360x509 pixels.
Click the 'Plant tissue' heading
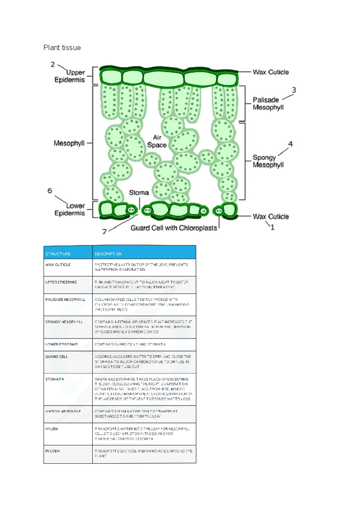tap(62, 48)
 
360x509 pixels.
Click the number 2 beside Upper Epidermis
tap(53, 65)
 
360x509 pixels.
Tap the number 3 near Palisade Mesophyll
tap(294, 90)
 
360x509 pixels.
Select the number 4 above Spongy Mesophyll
tap(290, 144)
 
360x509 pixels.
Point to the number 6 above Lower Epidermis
tap(50, 191)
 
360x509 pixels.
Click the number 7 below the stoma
tap(104, 231)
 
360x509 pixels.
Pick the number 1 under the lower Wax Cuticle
tap(272, 227)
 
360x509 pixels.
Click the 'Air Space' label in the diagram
tap(157, 141)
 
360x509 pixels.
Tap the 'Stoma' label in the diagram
tap(139, 193)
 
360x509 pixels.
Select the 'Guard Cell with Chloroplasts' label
tap(174, 228)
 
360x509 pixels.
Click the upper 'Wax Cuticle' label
tap(271, 72)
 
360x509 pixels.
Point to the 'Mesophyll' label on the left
tap(69, 143)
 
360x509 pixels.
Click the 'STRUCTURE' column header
tap(58, 254)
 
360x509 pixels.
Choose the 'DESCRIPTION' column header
tap(108, 254)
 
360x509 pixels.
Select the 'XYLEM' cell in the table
tap(52, 429)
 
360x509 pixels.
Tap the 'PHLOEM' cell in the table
tap(53, 451)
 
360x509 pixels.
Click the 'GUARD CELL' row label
tap(57, 357)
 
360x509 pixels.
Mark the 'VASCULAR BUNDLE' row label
tap(63, 411)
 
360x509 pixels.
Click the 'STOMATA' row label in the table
tap(55, 379)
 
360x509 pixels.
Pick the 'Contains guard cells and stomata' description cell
tap(130, 344)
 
